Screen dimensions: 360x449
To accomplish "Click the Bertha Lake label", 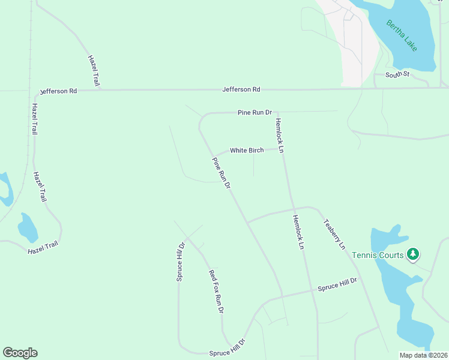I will coord(402,35).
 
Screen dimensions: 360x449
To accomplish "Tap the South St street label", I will coord(397,74).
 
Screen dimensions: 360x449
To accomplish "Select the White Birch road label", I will coord(247,150).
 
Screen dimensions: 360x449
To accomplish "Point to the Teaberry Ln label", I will coord(334,234).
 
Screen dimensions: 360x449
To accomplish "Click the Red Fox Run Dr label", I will coord(215,292).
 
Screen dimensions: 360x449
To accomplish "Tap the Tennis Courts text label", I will coord(378,255).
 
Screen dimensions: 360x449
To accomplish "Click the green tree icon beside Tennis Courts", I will coord(412,254).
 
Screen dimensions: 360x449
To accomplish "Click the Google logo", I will coord(20,353).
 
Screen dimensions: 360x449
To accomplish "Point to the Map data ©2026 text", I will coord(423,355).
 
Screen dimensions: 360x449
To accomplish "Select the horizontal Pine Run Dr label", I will coord(255,112).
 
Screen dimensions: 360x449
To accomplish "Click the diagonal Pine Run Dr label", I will coord(221,173).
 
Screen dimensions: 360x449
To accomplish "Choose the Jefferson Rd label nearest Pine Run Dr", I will coord(241,89).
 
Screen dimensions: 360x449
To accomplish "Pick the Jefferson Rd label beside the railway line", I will coord(58,91).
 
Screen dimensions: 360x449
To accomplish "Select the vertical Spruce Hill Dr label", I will coord(179,262).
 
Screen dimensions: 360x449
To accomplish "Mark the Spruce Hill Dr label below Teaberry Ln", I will coord(337,284).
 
